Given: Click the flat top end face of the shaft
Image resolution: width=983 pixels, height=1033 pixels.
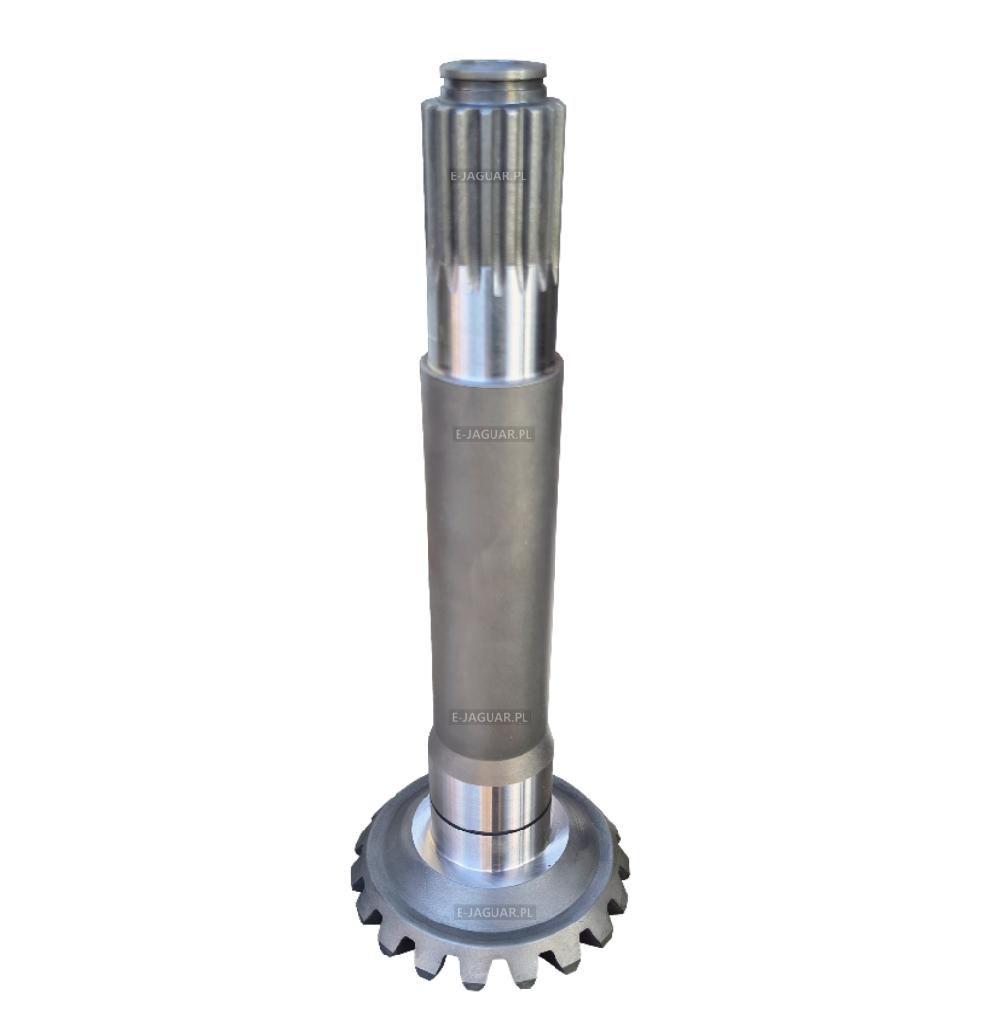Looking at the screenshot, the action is pyautogui.click(x=492, y=67).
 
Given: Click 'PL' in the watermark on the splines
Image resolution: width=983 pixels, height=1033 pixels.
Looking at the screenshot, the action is pyautogui.click(x=518, y=176).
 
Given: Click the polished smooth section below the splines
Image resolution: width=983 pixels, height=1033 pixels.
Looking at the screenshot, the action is pyautogui.click(x=491, y=323).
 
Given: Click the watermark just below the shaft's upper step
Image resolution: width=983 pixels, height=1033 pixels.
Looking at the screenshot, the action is pyautogui.click(x=492, y=434).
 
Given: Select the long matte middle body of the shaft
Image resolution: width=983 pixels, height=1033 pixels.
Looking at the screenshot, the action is pyautogui.click(x=491, y=547).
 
